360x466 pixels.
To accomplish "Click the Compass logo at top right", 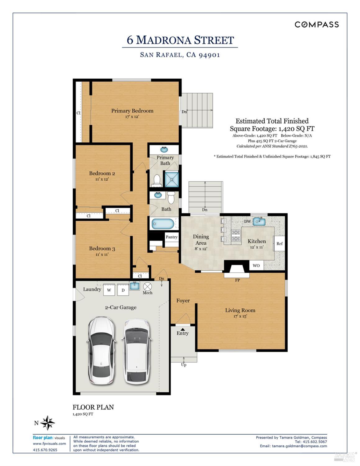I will tap(317, 25).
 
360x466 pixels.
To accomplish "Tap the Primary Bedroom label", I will tap(132, 111).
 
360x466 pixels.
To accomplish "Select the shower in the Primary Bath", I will tap(172, 179).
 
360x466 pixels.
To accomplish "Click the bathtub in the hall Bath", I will tap(162, 224).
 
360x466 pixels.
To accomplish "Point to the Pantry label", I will tap(171, 237).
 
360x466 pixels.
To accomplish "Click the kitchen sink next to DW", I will tap(259, 221).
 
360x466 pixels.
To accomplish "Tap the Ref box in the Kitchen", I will tap(279, 243).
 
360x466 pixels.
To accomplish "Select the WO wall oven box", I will tap(256, 265).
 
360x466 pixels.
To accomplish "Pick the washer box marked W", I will tap(109, 290).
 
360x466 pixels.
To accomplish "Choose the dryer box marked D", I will tap(123, 290).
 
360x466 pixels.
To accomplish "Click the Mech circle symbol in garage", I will tap(147, 286).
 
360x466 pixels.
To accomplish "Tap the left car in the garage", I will tap(102, 350).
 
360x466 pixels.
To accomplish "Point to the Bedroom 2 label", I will tap(102, 173).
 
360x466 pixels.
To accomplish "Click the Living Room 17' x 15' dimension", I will tap(240, 316).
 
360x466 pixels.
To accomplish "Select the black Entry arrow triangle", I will tap(183, 329).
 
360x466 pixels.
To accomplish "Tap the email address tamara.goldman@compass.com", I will tap(299, 446).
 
